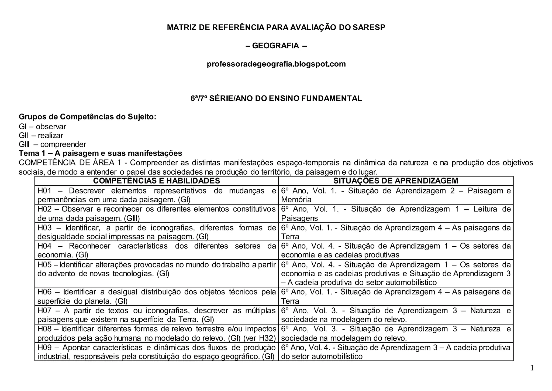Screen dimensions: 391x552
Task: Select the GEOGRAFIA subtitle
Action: click(x=275, y=46)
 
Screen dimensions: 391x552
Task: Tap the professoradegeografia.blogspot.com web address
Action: click(x=276, y=64)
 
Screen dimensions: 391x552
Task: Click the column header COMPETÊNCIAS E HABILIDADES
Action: click(x=156, y=181)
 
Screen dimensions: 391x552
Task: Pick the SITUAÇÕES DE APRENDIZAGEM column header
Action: click(x=396, y=181)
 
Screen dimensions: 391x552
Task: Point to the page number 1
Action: click(x=532, y=368)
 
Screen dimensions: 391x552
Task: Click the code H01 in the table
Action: click(x=44, y=191)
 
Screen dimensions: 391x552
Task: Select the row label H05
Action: click(x=44, y=264)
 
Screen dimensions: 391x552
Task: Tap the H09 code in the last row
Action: click(x=44, y=347)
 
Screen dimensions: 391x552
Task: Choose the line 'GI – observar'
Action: click(x=42, y=127)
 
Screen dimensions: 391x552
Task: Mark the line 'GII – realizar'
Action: click(x=41, y=135)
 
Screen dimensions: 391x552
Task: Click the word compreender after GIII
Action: click(x=63, y=144)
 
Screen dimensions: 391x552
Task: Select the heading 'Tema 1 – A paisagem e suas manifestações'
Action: click(x=100, y=153)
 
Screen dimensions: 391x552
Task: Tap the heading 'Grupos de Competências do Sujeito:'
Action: click(x=87, y=117)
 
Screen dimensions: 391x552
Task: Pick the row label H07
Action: click(x=44, y=311)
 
